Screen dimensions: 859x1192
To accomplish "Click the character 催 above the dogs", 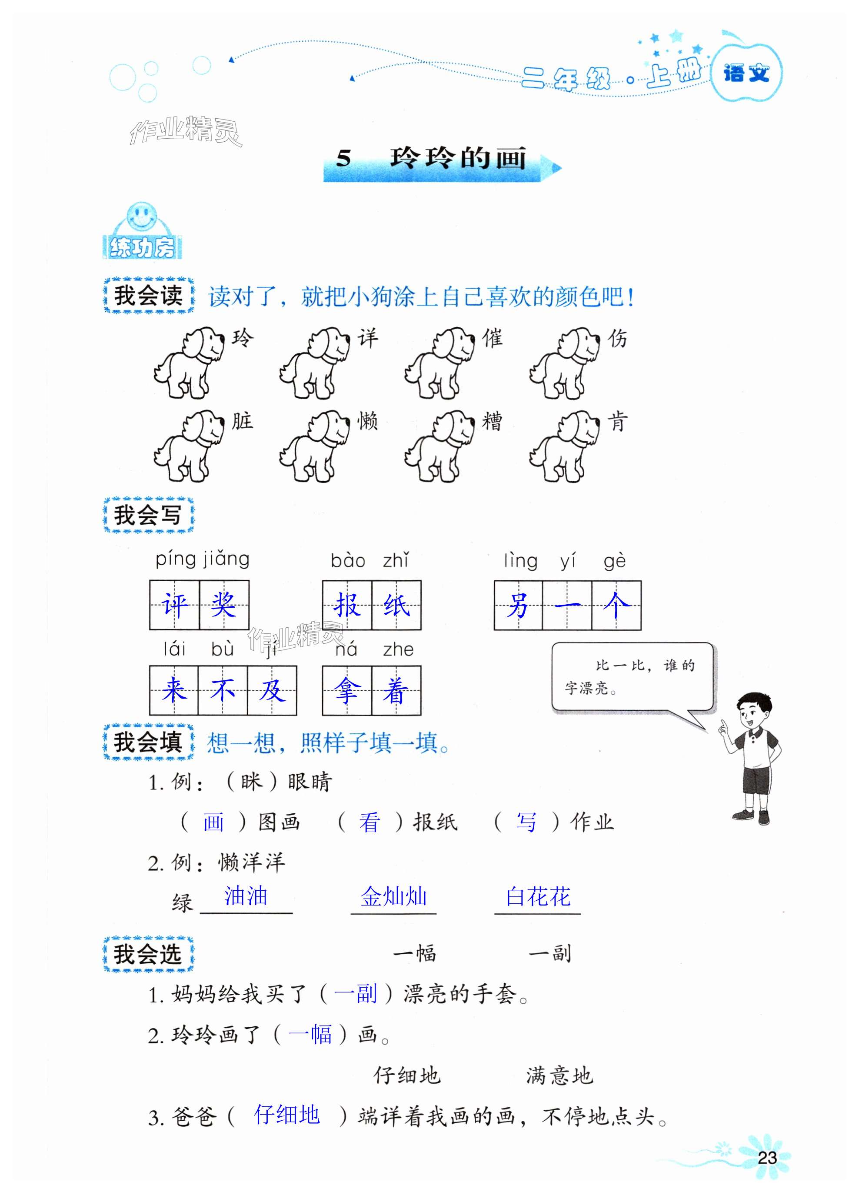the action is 493,338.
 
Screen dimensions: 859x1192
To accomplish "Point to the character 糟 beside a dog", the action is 492,422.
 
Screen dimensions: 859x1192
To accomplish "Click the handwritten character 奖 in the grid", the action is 224,605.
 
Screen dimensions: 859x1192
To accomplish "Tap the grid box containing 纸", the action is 396,605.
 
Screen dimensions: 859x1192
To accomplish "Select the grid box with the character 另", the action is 518,605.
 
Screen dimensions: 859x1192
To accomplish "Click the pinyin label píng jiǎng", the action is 203,559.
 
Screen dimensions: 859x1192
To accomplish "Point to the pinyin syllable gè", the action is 615,561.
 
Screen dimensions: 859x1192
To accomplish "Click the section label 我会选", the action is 148,954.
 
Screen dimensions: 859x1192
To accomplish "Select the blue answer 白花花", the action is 538,897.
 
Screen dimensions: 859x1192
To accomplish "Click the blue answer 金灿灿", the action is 393,897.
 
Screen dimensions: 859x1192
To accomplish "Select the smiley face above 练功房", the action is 141,216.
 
